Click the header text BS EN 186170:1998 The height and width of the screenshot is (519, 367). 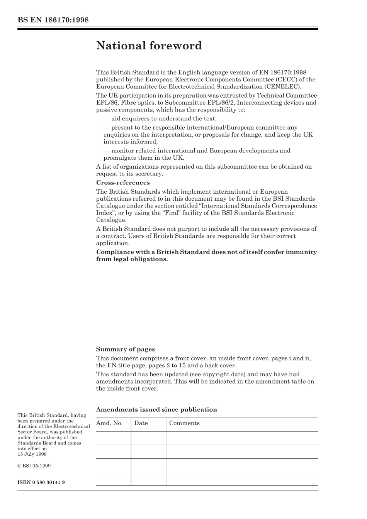(53, 20)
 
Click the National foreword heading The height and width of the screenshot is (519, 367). (149, 46)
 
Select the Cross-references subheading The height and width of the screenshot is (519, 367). (123, 183)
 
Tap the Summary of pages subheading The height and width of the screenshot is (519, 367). (125, 350)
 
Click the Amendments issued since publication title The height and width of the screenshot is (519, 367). (156, 410)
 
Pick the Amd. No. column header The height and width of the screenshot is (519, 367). (109, 423)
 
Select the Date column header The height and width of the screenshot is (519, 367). (141, 423)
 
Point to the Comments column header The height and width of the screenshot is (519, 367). (184, 423)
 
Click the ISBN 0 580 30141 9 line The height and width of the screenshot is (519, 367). (41, 482)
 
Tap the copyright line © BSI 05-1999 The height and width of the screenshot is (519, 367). (34, 466)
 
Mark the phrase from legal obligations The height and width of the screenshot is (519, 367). (132, 259)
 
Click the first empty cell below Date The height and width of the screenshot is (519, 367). (148, 438)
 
